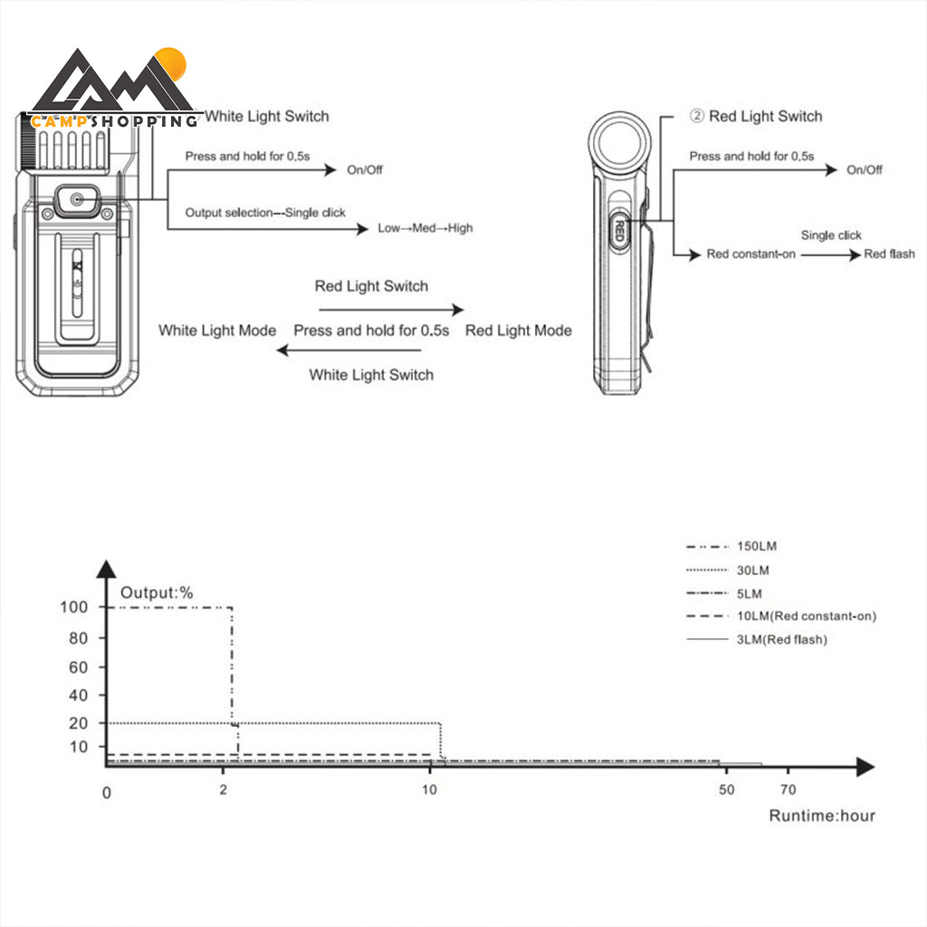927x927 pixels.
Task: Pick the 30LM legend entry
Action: [x=753, y=570]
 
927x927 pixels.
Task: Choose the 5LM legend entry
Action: [x=750, y=593]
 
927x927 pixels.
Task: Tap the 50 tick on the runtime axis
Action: [x=727, y=789]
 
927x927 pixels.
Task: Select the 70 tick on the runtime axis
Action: [x=788, y=789]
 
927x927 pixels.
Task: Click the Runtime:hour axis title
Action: [x=822, y=816]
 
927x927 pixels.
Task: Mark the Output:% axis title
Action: [x=158, y=593]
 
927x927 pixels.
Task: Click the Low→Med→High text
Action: [x=425, y=228]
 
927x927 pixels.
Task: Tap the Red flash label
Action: [x=889, y=254]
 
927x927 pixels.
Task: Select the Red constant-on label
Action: [x=750, y=254]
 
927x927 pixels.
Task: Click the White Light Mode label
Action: [x=217, y=330]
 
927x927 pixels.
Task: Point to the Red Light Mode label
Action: [x=519, y=330]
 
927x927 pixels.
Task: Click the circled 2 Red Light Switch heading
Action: [x=756, y=116]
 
